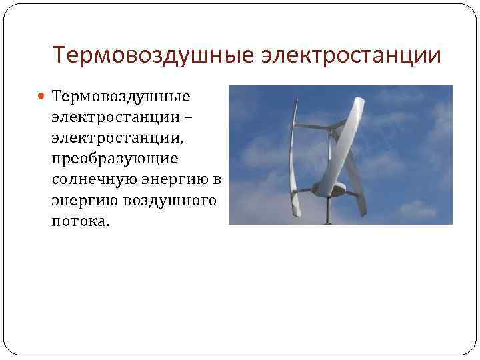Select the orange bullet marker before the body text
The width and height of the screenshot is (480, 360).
click(x=42, y=97)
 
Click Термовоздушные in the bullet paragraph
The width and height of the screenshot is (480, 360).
click(x=121, y=97)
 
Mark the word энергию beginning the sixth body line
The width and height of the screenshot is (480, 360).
click(x=82, y=200)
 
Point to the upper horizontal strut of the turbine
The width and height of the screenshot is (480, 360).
click(x=313, y=126)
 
